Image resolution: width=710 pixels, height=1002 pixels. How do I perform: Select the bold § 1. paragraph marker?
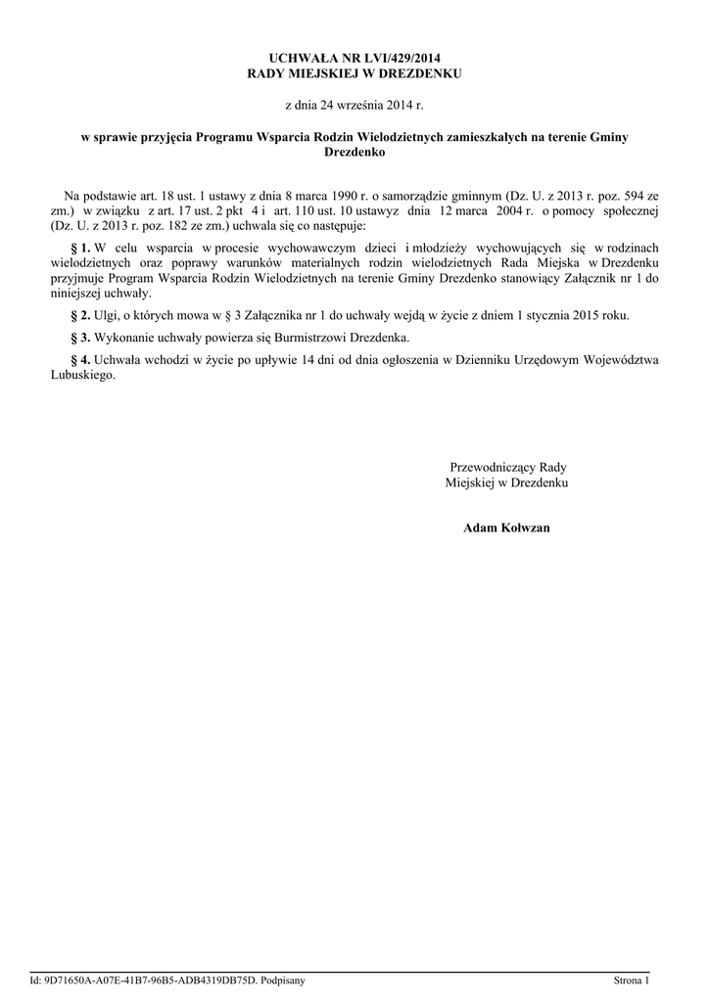point(81,249)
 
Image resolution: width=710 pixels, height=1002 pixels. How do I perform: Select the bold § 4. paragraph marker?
point(81,360)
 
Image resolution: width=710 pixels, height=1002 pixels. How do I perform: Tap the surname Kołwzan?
point(525,527)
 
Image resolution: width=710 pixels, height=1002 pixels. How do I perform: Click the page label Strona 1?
point(631,980)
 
